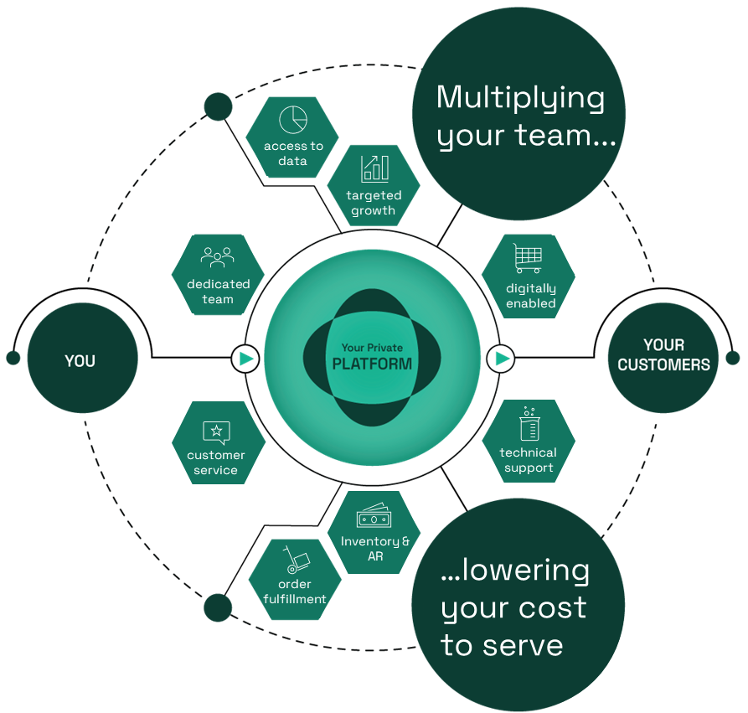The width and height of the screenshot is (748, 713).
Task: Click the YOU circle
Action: (80, 361)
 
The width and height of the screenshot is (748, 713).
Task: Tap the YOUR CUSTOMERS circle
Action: (663, 355)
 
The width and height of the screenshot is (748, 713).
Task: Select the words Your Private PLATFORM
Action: (372, 357)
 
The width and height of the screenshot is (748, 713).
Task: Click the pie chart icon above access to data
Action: (293, 119)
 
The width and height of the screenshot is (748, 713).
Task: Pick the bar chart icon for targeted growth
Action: (374, 168)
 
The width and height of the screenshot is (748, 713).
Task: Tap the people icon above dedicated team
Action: (217, 257)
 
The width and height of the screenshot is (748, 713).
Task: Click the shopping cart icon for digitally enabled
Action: (529, 259)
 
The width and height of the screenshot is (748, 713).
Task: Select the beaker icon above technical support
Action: (529, 425)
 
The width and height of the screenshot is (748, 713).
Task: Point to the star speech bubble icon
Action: (216, 431)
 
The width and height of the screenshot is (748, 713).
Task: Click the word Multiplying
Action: (520, 98)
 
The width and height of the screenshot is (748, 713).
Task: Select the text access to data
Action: (293, 153)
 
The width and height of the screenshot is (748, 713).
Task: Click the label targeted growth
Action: (374, 203)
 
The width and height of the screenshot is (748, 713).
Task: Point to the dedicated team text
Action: (218, 292)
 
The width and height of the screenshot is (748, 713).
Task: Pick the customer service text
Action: (216, 462)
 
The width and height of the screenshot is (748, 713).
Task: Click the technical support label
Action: (529, 460)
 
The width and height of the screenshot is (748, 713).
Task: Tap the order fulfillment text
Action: (294, 592)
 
